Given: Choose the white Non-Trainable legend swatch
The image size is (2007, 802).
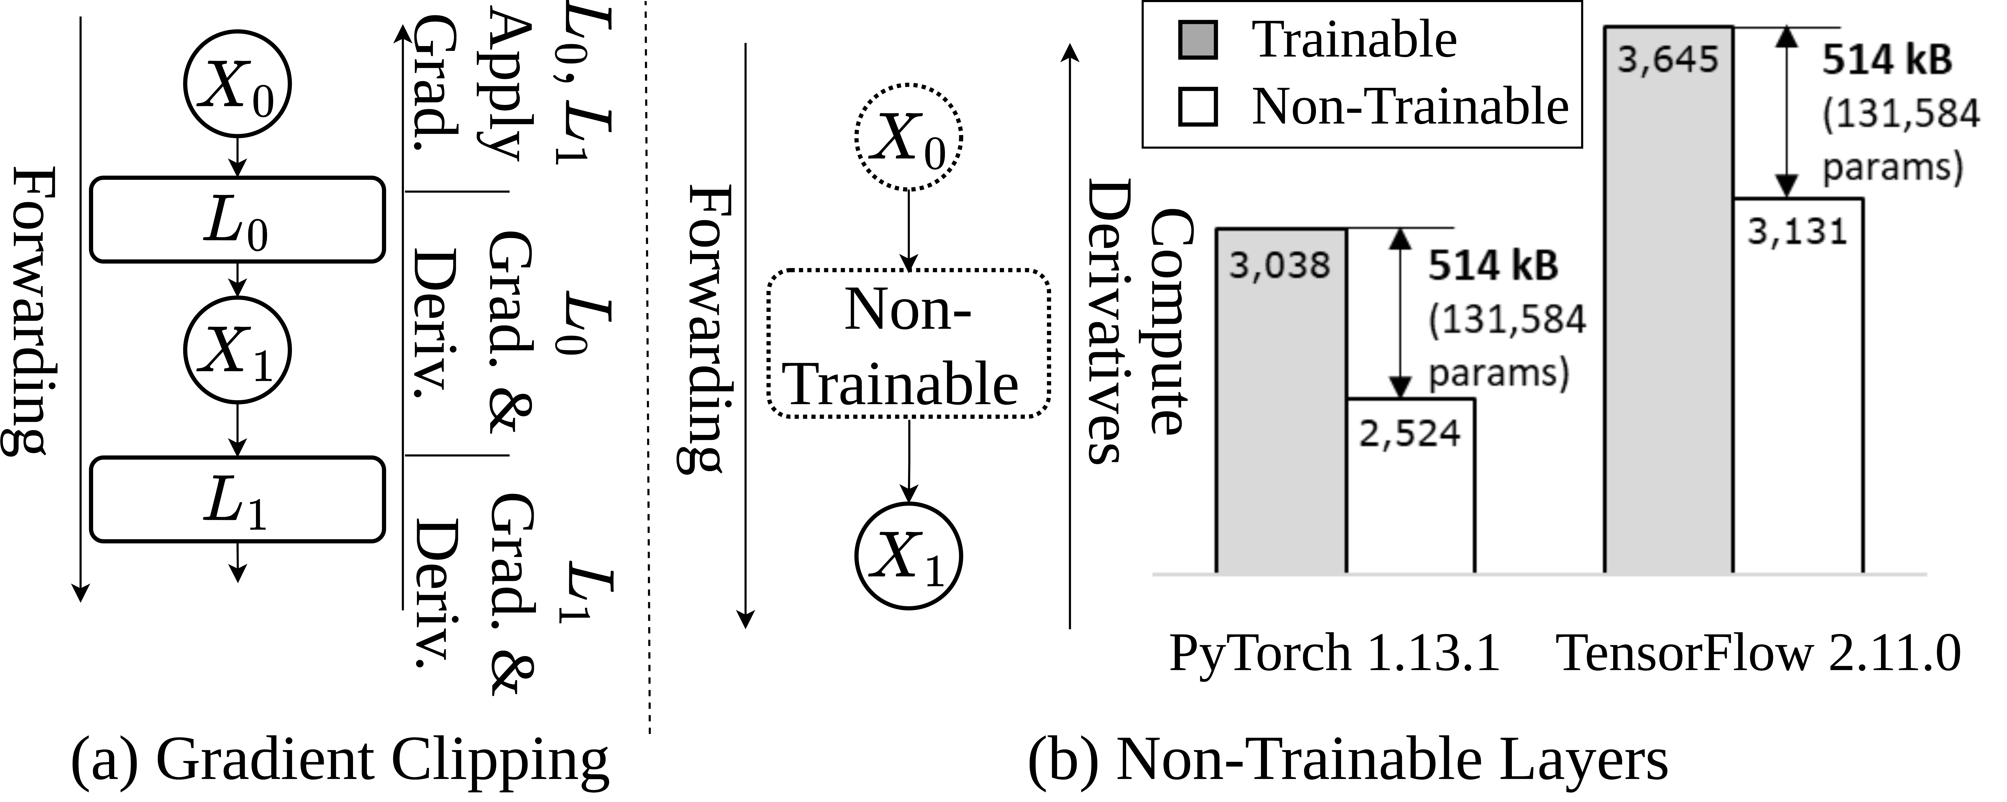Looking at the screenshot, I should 1198,107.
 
